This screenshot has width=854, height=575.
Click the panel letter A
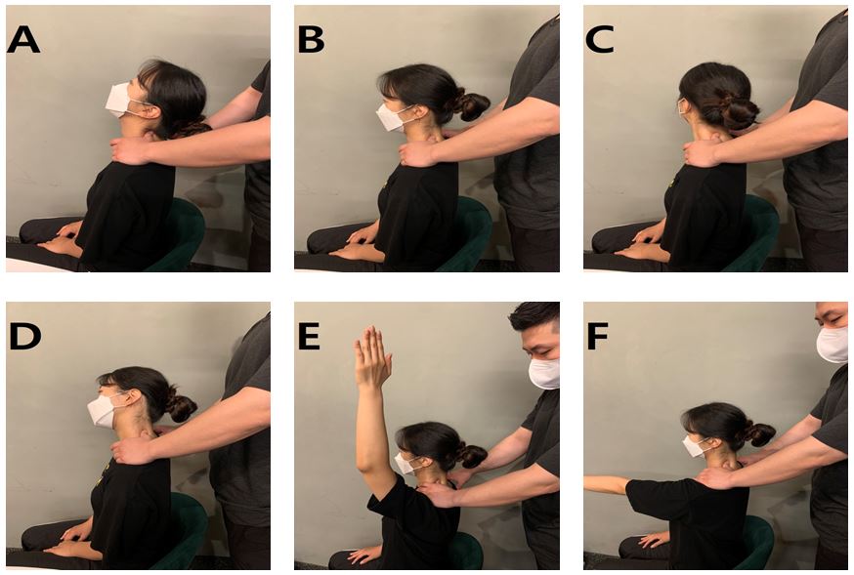pyautogui.click(x=23, y=40)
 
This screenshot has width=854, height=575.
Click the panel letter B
pyautogui.click(x=311, y=40)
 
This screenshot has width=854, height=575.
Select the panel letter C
pyautogui.click(x=600, y=40)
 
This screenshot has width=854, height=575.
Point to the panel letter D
pyautogui.click(x=25, y=336)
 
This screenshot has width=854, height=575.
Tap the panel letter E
pyautogui.click(x=309, y=336)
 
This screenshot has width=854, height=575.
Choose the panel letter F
pyautogui.click(x=597, y=336)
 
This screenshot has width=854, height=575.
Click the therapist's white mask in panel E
pyautogui.click(x=544, y=373)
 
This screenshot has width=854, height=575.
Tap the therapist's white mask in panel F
pyautogui.click(x=833, y=344)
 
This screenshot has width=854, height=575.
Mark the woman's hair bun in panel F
pyautogui.click(x=760, y=433)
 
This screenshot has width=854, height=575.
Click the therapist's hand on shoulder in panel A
pyautogui.click(x=130, y=150)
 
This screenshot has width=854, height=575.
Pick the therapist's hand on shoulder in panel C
pyautogui.click(x=702, y=153)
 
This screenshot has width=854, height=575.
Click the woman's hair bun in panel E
pyautogui.click(x=472, y=455)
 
